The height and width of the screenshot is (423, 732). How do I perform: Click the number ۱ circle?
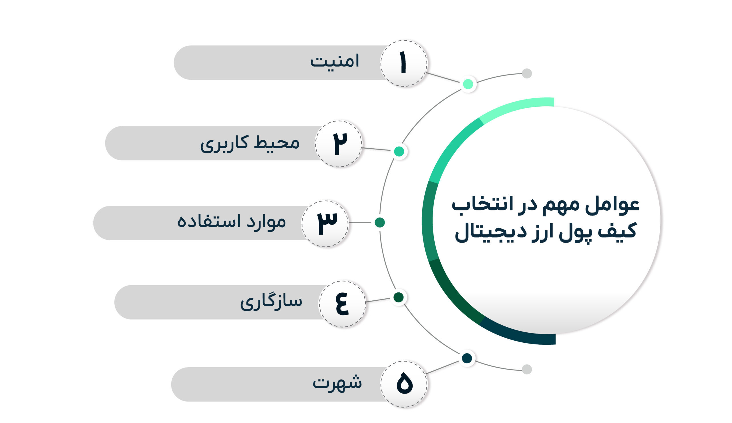(x=403, y=63)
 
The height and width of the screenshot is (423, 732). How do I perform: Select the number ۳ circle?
(x=325, y=224)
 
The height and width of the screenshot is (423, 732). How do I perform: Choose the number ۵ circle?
(x=403, y=384)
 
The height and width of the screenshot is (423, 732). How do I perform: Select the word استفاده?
(x=209, y=222)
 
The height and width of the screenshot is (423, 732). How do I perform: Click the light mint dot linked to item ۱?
(x=468, y=84)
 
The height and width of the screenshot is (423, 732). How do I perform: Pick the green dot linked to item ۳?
(x=380, y=222)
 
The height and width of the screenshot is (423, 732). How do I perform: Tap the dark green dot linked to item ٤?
(x=398, y=297)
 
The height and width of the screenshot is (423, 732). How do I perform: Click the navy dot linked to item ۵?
(x=467, y=358)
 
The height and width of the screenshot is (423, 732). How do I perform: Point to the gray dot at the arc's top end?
(x=527, y=73)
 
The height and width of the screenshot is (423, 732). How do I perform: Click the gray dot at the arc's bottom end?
(x=527, y=369)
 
